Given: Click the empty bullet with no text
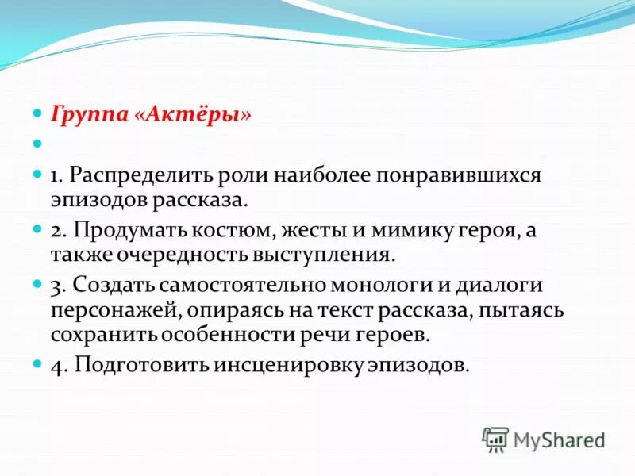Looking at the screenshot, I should [x=37, y=144].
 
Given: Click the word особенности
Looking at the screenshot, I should [x=228, y=334].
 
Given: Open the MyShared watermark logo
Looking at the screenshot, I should [x=544, y=439].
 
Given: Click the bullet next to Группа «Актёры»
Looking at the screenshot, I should [x=37, y=114].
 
